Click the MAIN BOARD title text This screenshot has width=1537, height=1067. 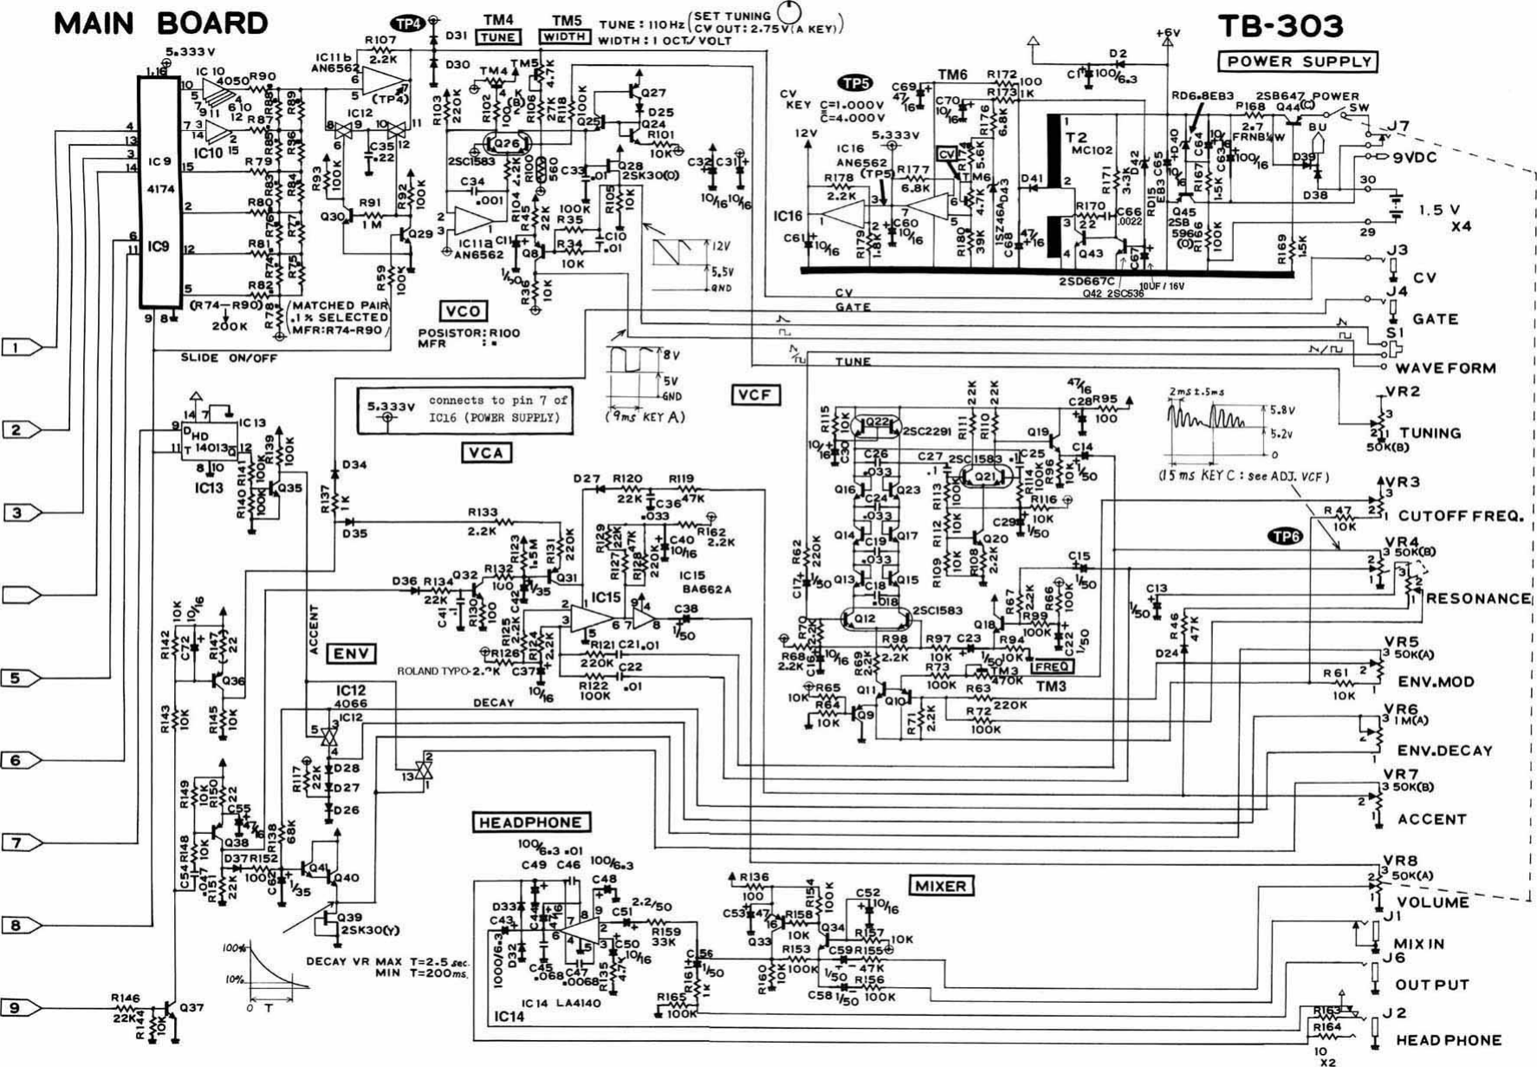(x=160, y=23)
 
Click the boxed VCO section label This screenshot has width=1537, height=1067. (x=463, y=311)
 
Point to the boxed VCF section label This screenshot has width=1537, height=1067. (x=755, y=395)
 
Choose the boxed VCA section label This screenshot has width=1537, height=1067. (x=486, y=452)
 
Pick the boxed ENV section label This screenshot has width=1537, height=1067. (x=351, y=654)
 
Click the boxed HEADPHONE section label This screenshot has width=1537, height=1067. (x=531, y=822)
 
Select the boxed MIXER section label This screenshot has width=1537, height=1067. (x=941, y=886)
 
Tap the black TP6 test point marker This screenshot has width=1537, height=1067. (x=1285, y=537)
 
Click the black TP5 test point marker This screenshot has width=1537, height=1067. (x=855, y=83)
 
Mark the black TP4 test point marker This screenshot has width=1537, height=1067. (x=405, y=23)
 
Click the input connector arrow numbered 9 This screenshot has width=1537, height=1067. (x=21, y=1008)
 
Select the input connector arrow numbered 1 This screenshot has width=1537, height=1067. (x=21, y=348)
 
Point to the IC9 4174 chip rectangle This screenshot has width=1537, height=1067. (x=159, y=191)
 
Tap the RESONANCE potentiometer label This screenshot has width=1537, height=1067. (x=1478, y=599)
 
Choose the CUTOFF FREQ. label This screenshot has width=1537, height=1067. (x=1459, y=516)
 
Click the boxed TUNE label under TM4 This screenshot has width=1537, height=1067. (x=498, y=37)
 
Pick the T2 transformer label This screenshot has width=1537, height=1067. (x=1076, y=137)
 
